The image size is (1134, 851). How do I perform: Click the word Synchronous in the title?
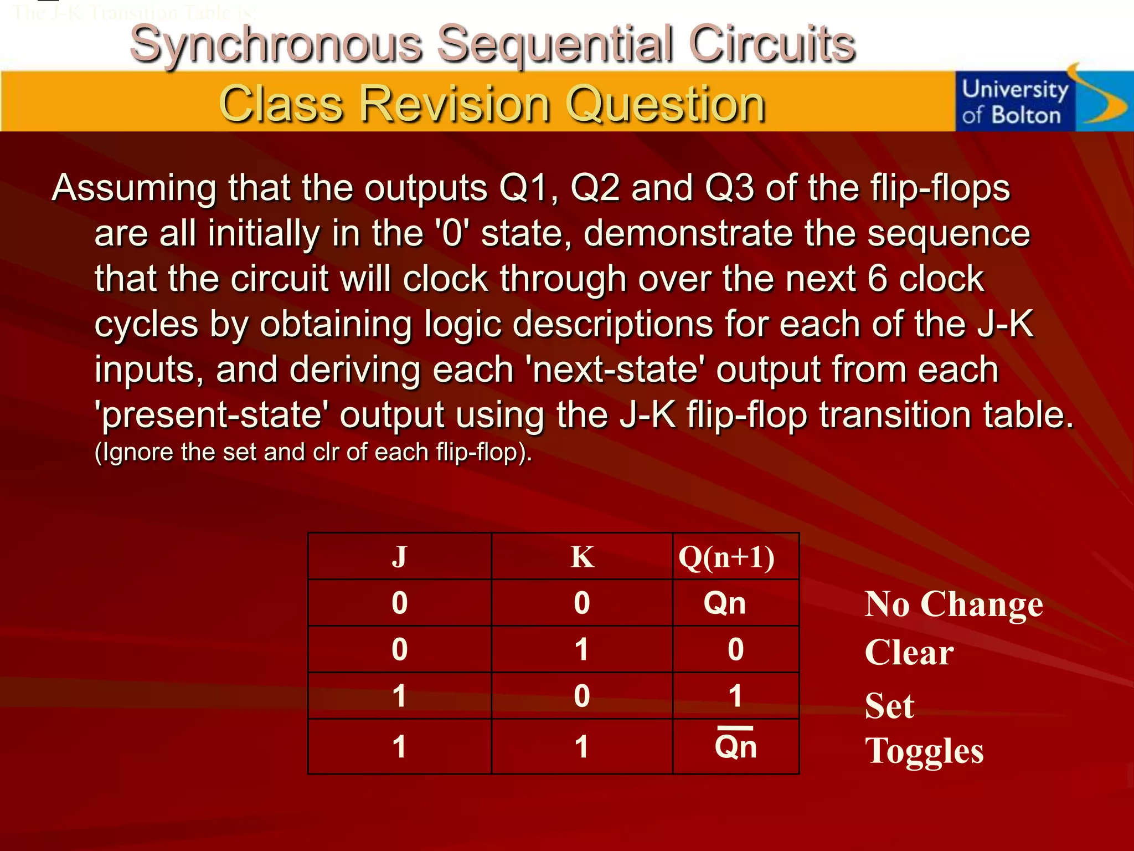276,44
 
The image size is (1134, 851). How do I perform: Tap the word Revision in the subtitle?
455,104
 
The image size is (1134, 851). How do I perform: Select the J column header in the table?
399,556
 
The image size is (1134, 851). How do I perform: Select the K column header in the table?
582,556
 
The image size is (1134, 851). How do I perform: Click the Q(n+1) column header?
726,556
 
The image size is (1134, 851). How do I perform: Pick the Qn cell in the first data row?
724,603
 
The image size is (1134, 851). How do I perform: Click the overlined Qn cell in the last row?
735,746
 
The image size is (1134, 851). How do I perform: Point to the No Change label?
953,604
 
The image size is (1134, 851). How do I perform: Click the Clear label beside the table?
909,652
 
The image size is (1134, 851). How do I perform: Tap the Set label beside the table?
889,706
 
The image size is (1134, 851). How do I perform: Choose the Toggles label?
924,751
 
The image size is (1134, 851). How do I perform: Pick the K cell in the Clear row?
581,649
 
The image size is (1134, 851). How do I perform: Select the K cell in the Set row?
581,696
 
